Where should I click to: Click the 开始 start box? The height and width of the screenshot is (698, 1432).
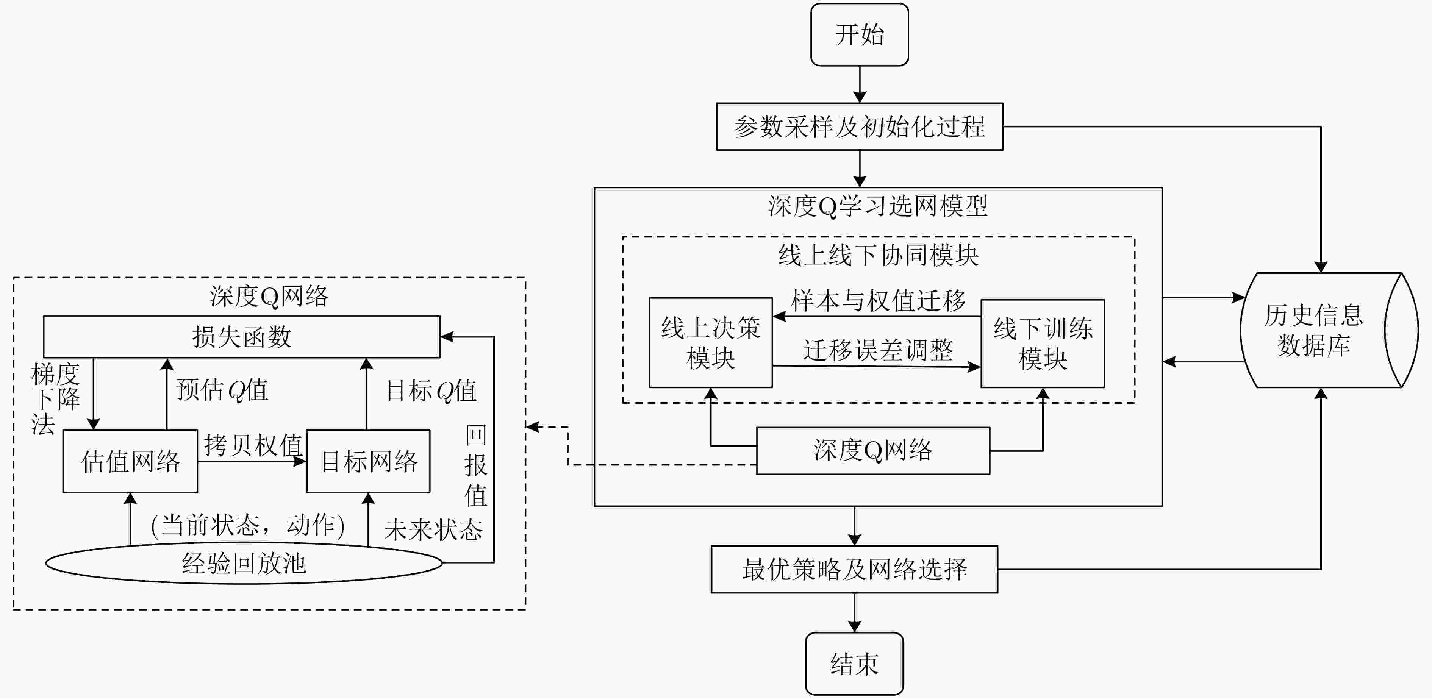pos(860,34)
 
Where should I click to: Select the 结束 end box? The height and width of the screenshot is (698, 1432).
pos(854,664)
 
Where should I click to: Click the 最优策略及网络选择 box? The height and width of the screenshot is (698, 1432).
pos(854,570)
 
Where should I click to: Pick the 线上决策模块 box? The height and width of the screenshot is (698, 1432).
pos(710,343)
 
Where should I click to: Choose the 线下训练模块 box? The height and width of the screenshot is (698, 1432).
pos(1042,344)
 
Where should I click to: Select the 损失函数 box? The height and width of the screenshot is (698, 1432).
pos(242,337)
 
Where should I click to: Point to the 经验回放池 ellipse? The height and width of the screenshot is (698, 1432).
pos(244,563)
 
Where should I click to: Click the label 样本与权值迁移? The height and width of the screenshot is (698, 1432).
pos(878,301)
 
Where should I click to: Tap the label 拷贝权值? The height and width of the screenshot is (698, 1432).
pos(253,445)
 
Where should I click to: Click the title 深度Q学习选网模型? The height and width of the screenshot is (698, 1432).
pos(878,206)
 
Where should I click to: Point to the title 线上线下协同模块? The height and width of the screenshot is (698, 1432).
pos(878,256)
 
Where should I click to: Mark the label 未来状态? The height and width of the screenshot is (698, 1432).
pos(433,529)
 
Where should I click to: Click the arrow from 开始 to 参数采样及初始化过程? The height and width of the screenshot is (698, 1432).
pos(860,84)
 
